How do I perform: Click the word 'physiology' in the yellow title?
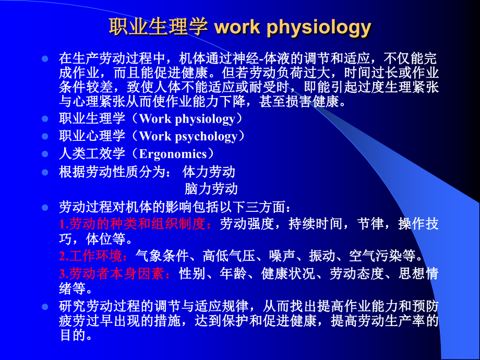(319, 28)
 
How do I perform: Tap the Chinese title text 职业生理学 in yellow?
(159, 27)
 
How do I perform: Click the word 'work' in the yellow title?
(237, 27)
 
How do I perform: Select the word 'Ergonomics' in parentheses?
(173, 154)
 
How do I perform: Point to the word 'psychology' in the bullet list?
(206, 137)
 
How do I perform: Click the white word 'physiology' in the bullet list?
(205, 119)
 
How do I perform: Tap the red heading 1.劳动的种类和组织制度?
(132, 224)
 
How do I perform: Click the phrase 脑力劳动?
(211, 189)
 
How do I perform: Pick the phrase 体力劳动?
(209, 172)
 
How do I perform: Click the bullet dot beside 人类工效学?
(45, 154)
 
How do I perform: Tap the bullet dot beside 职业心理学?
(45, 136)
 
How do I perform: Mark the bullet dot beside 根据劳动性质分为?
(45, 172)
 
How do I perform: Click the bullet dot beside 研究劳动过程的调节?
(45, 306)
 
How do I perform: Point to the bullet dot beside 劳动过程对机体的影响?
(45, 208)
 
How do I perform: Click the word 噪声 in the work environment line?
(282, 256)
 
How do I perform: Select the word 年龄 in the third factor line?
(233, 273)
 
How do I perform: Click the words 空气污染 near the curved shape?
(375, 256)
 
